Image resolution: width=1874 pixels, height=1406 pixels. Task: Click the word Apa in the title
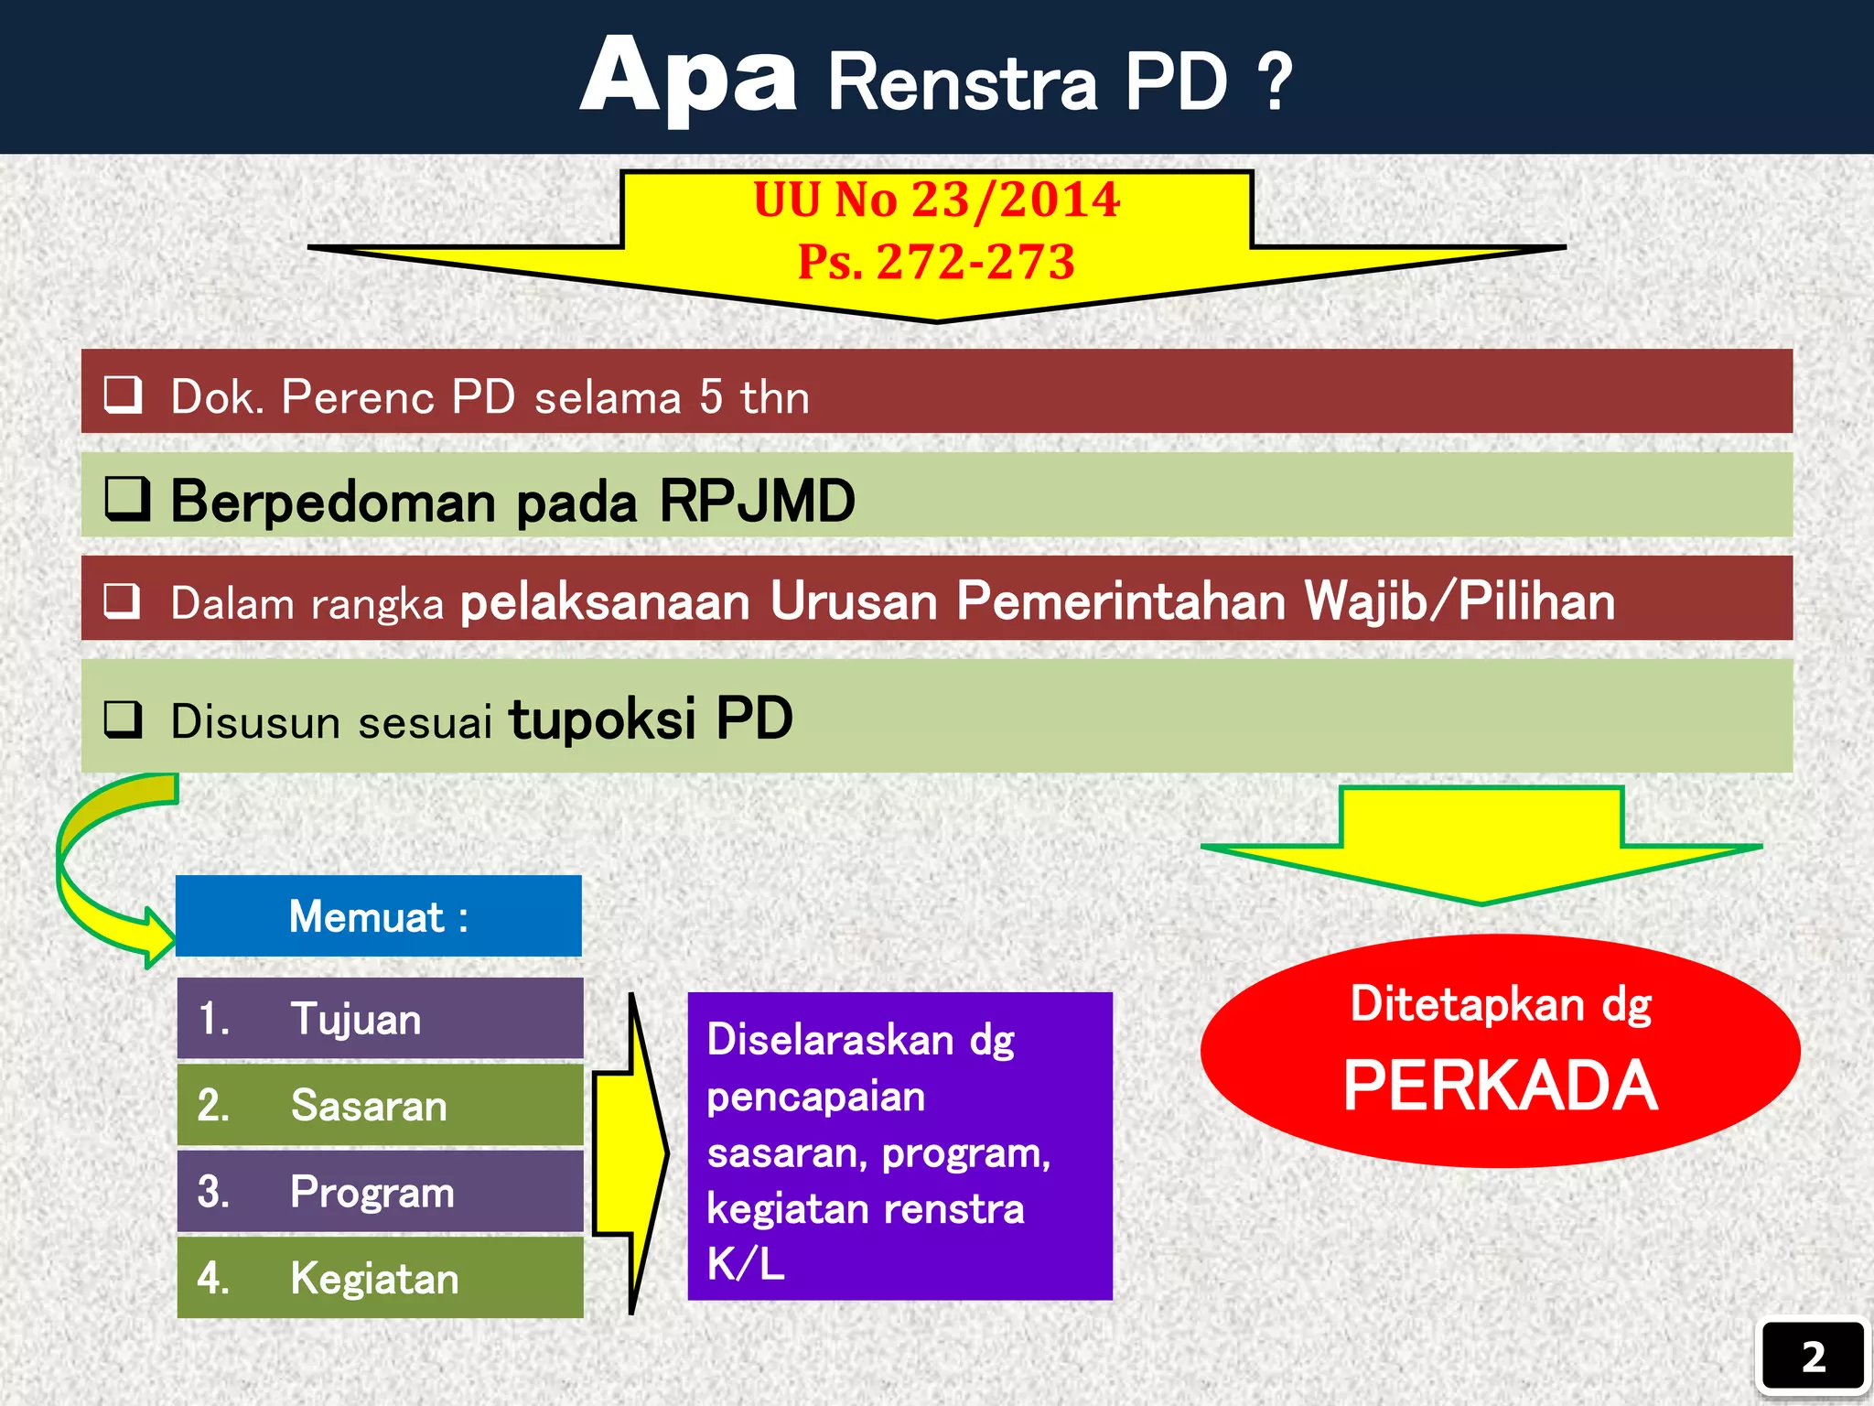click(x=688, y=79)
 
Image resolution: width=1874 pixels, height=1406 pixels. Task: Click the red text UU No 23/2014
click(x=936, y=200)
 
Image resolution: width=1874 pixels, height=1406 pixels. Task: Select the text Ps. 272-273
click(x=936, y=262)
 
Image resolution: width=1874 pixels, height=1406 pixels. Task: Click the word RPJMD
click(x=757, y=502)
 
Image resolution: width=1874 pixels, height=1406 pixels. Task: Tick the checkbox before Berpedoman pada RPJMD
click(x=126, y=499)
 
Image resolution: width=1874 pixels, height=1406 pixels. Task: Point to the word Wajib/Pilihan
click(x=1459, y=601)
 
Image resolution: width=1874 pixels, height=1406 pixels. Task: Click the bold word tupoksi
click(x=602, y=719)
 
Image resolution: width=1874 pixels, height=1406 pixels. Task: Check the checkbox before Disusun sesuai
click(x=123, y=719)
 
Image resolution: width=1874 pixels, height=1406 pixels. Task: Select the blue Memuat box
click(x=378, y=916)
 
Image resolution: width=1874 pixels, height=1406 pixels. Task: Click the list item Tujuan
click(x=356, y=1019)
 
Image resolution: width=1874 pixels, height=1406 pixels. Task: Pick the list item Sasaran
click(x=369, y=1106)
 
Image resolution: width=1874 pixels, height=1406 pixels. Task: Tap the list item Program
click(x=372, y=1192)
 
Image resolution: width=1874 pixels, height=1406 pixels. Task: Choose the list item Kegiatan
click(x=374, y=1279)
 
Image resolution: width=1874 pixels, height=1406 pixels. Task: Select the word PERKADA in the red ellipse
click(x=1500, y=1086)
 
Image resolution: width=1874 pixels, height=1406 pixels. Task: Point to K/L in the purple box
click(x=745, y=1265)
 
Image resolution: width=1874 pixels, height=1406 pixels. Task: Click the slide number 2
click(x=1813, y=1357)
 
